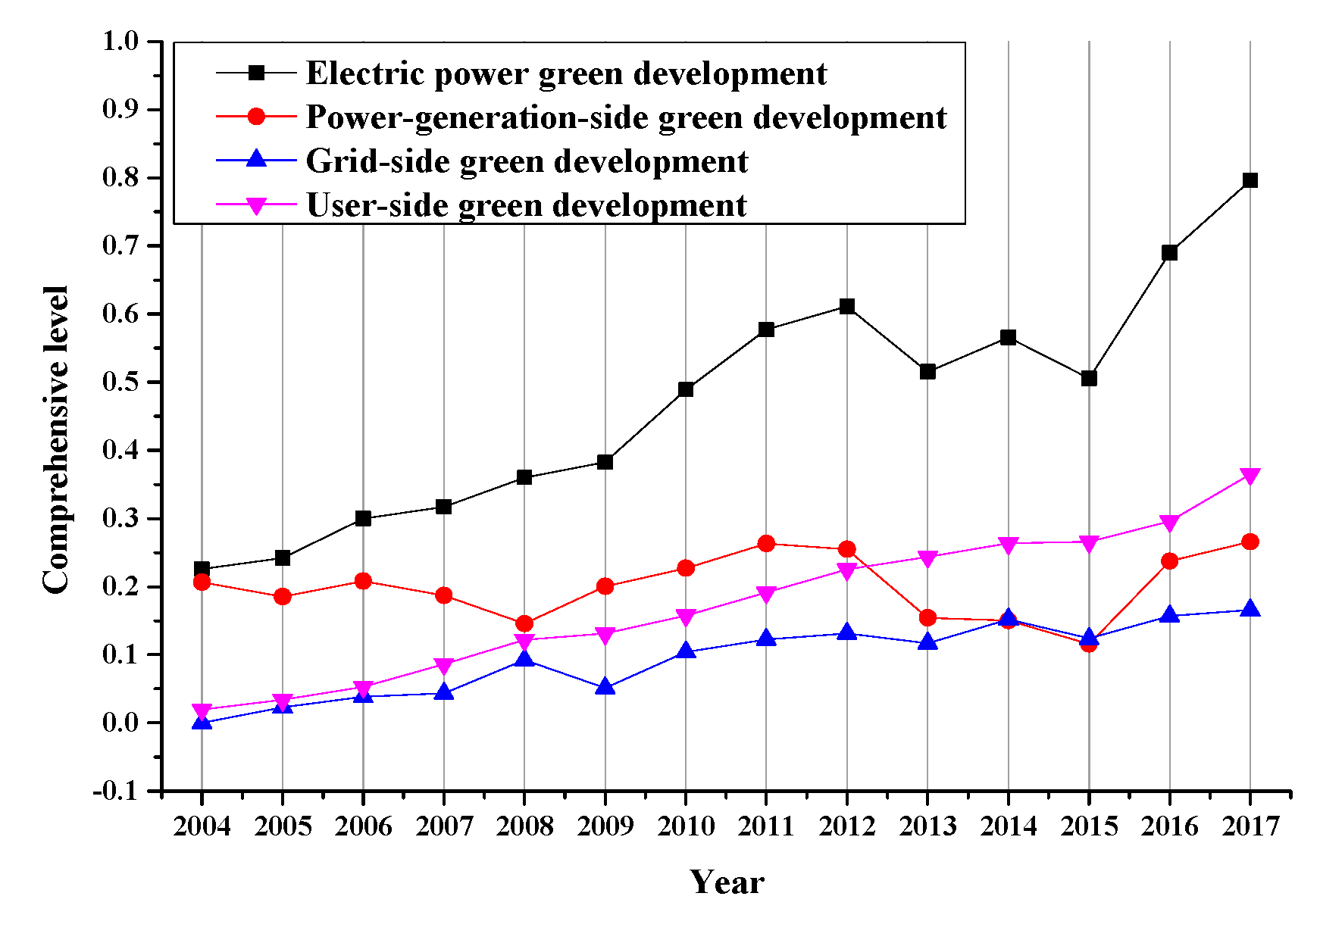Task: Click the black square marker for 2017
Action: point(1250,180)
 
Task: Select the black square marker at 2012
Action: point(847,307)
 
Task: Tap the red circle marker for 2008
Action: point(524,624)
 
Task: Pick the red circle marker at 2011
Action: point(766,544)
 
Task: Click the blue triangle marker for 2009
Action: point(605,687)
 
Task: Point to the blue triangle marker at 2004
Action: point(202,722)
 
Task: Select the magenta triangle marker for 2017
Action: point(1250,476)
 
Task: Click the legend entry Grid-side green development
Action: point(527,161)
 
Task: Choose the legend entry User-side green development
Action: point(526,205)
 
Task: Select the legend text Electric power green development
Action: point(566,73)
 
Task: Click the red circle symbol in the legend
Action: point(257,117)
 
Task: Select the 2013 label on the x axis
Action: point(927,826)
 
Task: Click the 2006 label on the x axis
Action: point(363,826)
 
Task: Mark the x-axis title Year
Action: point(727,882)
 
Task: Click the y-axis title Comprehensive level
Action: point(56,439)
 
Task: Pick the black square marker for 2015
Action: point(1089,378)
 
